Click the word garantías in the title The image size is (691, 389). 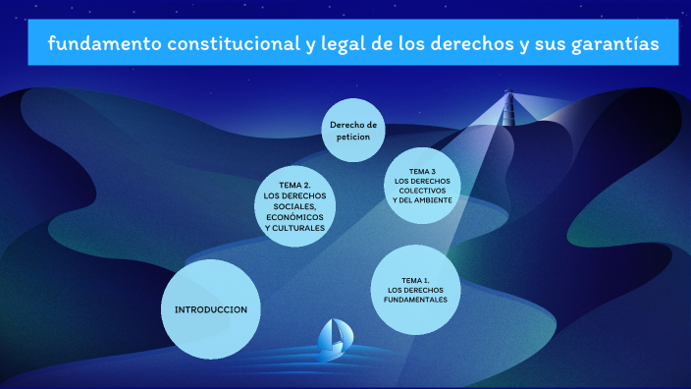614,45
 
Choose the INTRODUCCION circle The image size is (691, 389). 210,309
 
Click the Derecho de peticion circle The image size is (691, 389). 353,131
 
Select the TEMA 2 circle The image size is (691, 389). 294,206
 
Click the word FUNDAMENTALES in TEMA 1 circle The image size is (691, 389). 417,300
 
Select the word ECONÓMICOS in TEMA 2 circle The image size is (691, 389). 294,217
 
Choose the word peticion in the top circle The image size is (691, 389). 353,138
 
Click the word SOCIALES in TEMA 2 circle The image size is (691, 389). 294,206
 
